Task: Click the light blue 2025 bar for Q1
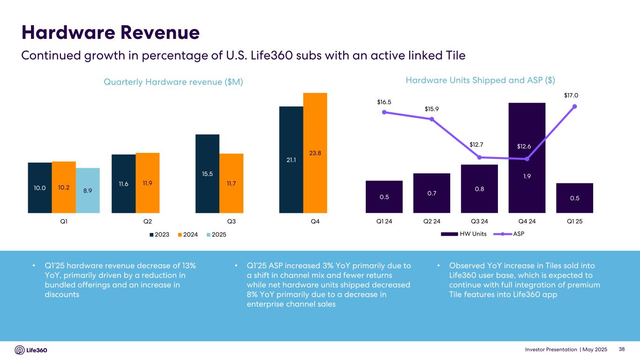click(x=88, y=190)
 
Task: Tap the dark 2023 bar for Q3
click(x=207, y=173)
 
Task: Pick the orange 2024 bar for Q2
click(x=148, y=183)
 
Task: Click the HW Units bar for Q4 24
click(x=527, y=157)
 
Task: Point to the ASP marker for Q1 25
click(x=575, y=106)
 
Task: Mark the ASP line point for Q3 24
click(x=479, y=157)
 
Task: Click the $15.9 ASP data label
click(x=431, y=109)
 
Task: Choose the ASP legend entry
click(x=511, y=234)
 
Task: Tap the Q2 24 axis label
click(x=432, y=221)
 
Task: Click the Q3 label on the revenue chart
click(x=231, y=221)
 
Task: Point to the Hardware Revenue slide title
click(x=111, y=33)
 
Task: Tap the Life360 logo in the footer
click(x=31, y=350)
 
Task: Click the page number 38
click(x=622, y=350)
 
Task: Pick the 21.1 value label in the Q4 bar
click(x=291, y=160)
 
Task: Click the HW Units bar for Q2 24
click(x=432, y=193)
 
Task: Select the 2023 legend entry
click(x=160, y=234)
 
